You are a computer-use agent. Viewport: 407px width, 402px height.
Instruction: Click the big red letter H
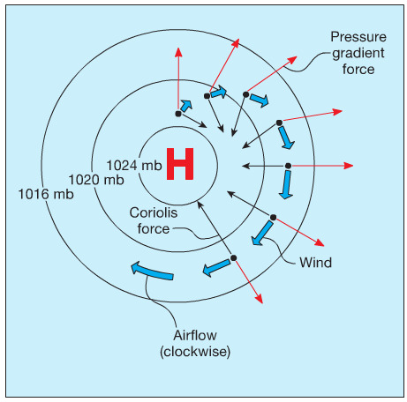[180, 164]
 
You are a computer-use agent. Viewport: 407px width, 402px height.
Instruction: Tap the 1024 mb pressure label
[134, 166]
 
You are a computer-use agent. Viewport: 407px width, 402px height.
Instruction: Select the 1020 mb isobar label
[96, 180]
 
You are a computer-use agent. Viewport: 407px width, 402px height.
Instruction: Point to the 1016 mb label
[46, 194]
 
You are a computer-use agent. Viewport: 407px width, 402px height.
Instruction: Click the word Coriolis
[154, 212]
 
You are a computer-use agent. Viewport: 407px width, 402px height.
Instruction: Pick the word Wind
[315, 263]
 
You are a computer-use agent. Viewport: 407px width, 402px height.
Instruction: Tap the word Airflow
[195, 335]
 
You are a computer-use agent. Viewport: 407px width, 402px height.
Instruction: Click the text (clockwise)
[195, 352]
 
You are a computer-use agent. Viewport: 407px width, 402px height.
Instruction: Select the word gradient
[358, 54]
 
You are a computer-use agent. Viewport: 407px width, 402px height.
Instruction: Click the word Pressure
[358, 37]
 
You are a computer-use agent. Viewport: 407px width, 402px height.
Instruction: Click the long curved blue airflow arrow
[152, 272]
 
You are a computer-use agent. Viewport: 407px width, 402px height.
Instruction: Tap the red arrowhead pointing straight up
[178, 52]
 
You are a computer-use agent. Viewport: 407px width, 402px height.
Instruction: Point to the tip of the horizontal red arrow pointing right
[353, 166]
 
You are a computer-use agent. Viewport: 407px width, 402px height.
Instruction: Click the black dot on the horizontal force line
[288, 166]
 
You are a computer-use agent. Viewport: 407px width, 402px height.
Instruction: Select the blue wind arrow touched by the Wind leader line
[261, 233]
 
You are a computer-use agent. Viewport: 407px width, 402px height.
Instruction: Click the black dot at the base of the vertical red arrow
[178, 114]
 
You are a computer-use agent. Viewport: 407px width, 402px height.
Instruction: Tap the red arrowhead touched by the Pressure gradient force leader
[292, 60]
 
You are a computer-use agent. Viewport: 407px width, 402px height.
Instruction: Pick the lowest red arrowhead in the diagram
[260, 299]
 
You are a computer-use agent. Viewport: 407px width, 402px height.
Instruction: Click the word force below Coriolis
[154, 229]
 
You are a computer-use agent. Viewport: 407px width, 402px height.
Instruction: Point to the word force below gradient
[358, 70]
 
